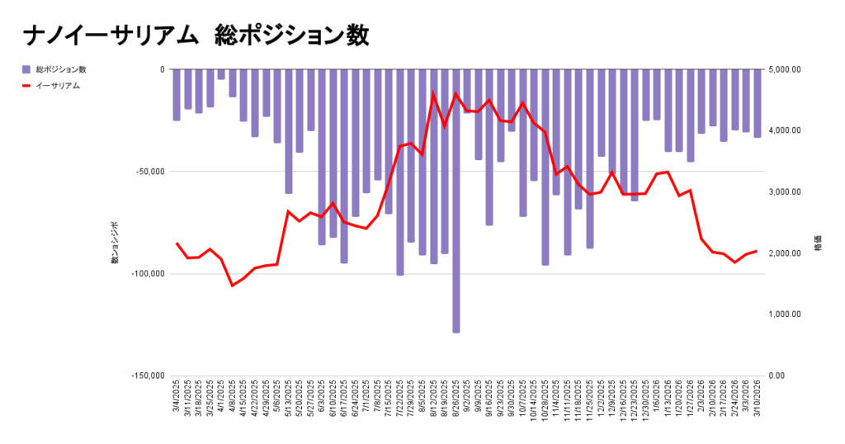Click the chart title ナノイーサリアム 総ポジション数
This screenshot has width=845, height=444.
tap(196, 35)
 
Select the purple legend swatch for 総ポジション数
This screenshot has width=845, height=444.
tap(27, 69)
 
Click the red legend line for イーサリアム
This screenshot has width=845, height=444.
tap(27, 85)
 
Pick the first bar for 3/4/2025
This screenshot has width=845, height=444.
tap(177, 95)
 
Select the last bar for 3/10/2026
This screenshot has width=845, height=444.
tap(757, 103)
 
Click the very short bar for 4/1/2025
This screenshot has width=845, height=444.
tap(221, 74)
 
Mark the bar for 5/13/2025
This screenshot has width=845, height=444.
tap(289, 131)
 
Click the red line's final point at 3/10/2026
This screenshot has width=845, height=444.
tap(757, 251)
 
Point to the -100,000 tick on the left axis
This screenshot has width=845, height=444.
tap(148, 273)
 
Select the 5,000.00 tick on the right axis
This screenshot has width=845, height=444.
tap(784, 69)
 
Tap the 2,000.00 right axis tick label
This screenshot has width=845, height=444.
tap(784, 253)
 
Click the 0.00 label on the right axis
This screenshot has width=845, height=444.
tap(777, 376)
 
